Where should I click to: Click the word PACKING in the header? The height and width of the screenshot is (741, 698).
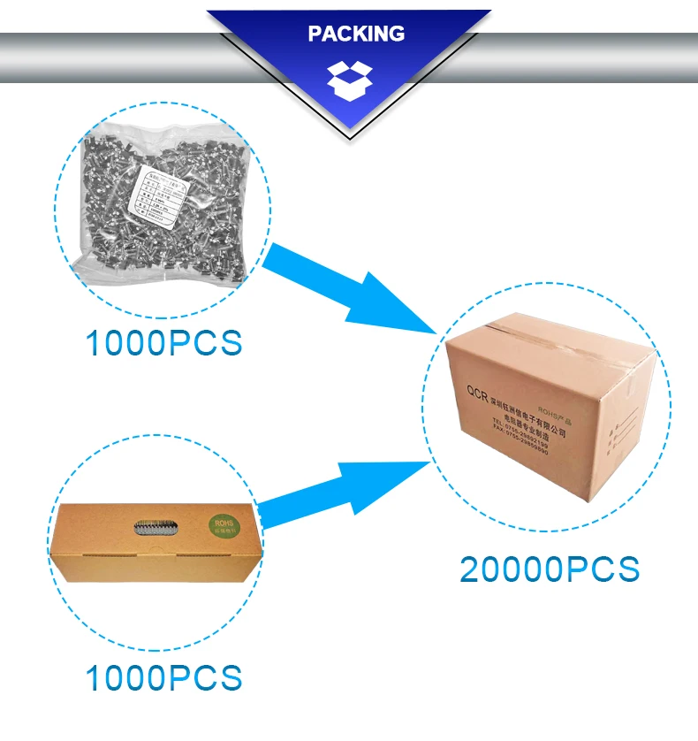tap(356, 34)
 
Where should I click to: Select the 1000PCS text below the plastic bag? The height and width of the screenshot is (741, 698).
tap(163, 343)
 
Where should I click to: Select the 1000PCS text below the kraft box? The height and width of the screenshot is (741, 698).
tap(163, 678)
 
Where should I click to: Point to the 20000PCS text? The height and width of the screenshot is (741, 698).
tap(550, 569)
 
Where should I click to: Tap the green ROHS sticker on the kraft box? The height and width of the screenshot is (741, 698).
tap(223, 529)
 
